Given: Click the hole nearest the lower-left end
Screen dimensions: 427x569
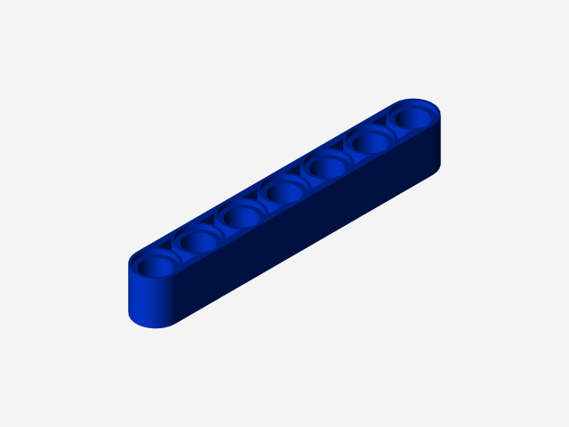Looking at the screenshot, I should [156, 264].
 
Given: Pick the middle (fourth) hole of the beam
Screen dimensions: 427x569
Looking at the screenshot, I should [284, 191].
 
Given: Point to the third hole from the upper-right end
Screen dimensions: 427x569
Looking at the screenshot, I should [327, 166].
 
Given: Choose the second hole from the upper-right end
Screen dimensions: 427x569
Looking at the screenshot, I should [370, 141].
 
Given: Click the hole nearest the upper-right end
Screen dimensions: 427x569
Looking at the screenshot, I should [412, 117].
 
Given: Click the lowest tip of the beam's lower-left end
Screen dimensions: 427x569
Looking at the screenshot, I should [161, 327].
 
